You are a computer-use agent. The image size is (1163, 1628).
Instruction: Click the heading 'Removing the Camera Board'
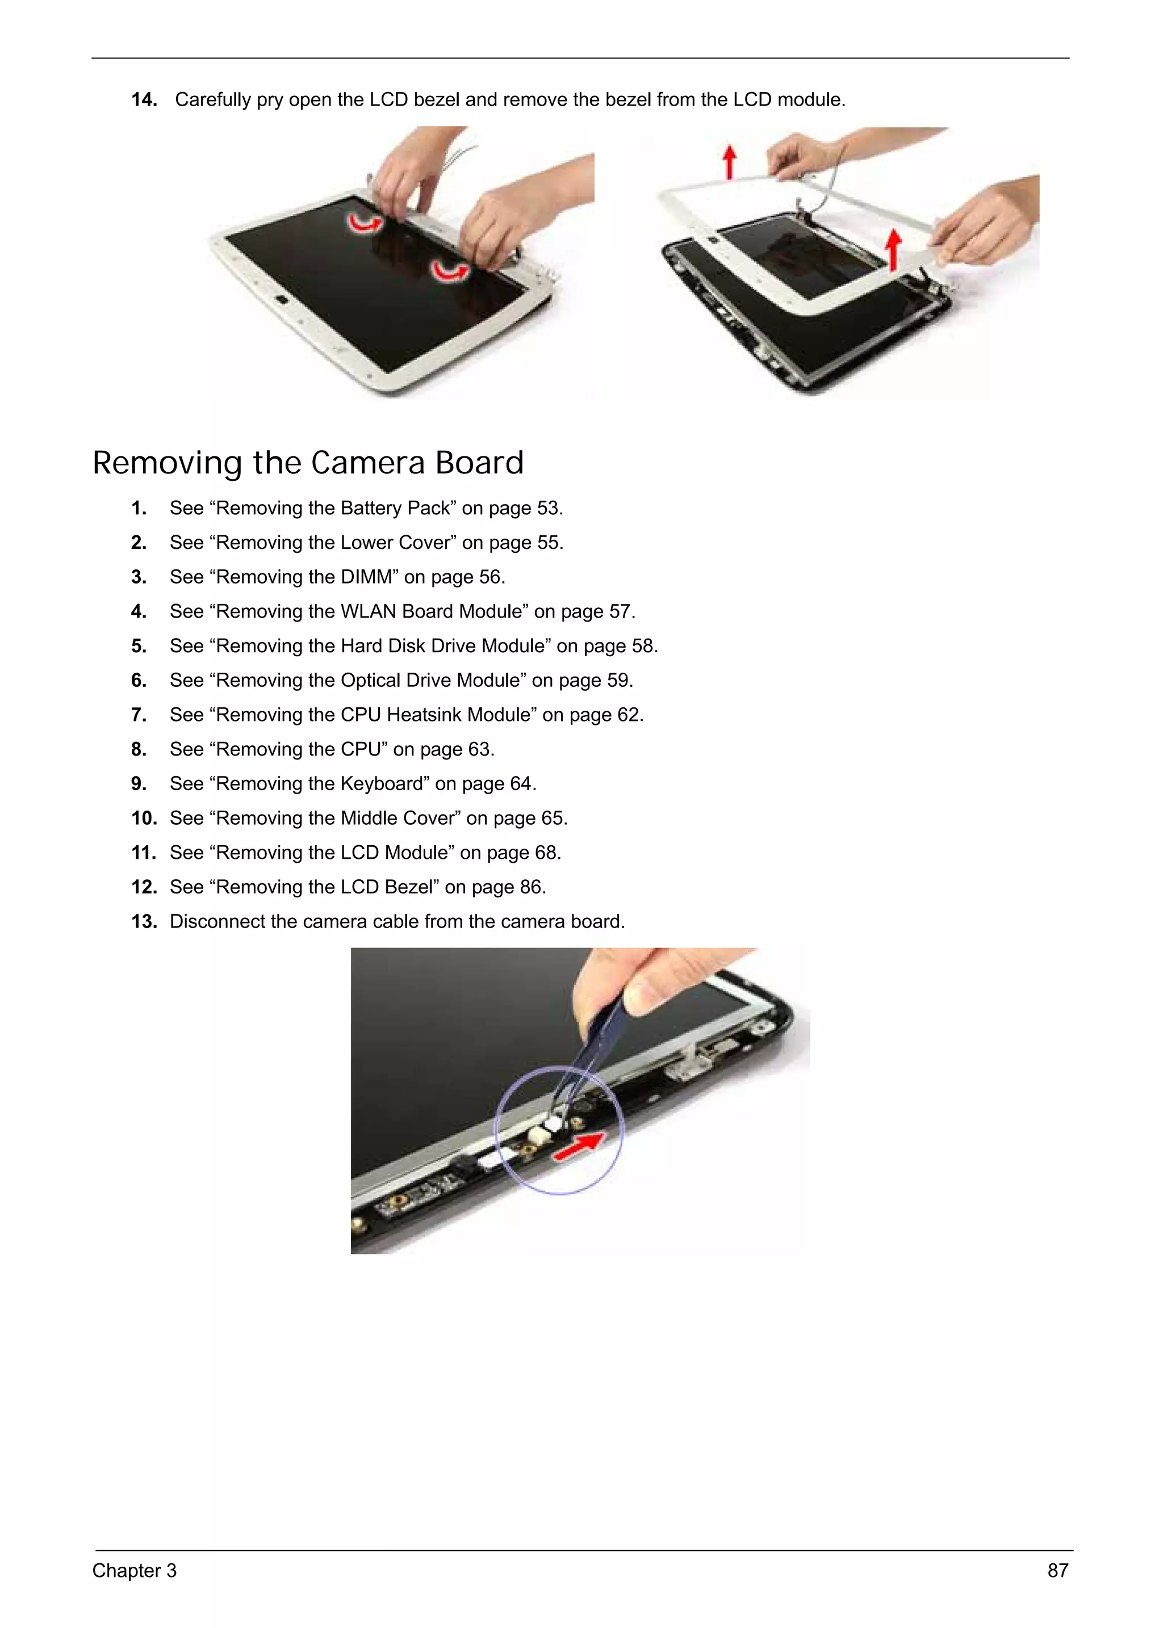tap(308, 463)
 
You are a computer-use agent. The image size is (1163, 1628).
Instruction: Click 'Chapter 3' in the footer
tap(134, 1570)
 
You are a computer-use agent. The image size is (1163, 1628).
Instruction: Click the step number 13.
tap(144, 921)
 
